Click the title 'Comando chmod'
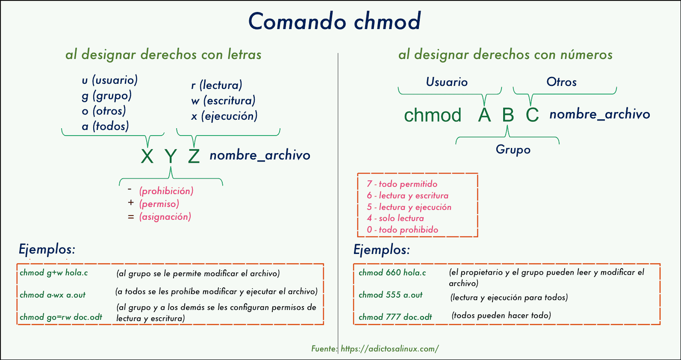[x=335, y=21]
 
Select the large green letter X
[x=147, y=156]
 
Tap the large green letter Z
[x=194, y=156]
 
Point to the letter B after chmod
[x=508, y=115]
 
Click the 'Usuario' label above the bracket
[x=447, y=82]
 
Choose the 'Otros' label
[x=561, y=82]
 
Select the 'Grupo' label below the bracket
[x=513, y=150]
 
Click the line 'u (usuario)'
[x=110, y=80]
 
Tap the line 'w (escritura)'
[x=223, y=101]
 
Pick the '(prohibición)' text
[x=166, y=191]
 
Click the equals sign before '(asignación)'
[x=131, y=217]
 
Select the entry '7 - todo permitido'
[x=402, y=184]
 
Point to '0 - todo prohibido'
[x=402, y=230]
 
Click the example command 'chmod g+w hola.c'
[x=54, y=273]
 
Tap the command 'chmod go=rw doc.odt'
[x=61, y=317]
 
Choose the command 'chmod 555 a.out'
[x=390, y=295]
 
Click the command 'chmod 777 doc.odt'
[x=395, y=317]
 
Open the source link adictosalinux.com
[x=389, y=349]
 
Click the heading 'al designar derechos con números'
[x=505, y=55]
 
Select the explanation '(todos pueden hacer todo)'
[x=501, y=316]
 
